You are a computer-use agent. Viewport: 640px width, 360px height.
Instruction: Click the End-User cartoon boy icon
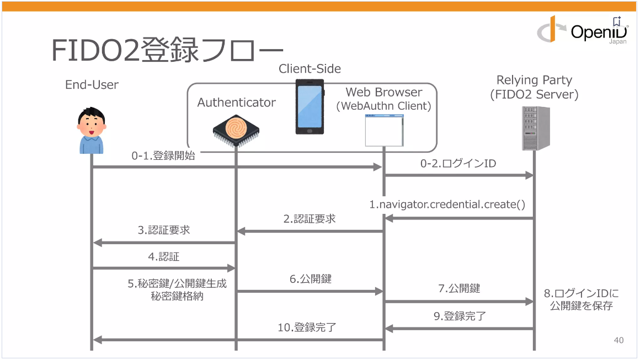tap(90, 131)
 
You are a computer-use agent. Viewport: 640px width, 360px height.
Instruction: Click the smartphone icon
tap(310, 106)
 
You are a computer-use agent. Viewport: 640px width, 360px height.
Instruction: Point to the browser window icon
tap(384, 130)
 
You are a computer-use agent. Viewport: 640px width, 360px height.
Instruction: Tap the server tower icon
tap(536, 128)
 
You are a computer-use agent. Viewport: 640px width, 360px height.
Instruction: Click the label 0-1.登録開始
tap(163, 156)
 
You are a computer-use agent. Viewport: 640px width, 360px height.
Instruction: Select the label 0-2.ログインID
tap(458, 164)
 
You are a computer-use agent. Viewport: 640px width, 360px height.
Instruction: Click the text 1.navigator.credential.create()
tap(447, 205)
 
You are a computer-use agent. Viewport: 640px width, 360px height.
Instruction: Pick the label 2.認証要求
tap(310, 219)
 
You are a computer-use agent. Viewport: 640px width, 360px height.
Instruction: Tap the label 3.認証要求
tap(164, 230)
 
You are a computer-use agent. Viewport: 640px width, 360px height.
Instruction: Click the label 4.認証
tap(164, 256)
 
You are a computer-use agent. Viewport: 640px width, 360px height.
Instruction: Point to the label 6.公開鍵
tap(311, 279)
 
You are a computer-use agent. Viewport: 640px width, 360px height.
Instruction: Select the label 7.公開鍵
tap(459, 288)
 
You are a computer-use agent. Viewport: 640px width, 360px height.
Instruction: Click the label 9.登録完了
tap(460, 316)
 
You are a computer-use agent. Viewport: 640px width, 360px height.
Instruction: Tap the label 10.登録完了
tap(307, 327)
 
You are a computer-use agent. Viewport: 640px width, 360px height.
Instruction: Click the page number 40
tap(618, 340)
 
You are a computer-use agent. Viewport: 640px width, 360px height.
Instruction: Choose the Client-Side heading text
tap(310, 69)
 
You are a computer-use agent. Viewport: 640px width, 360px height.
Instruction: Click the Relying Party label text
tap(534, 80)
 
